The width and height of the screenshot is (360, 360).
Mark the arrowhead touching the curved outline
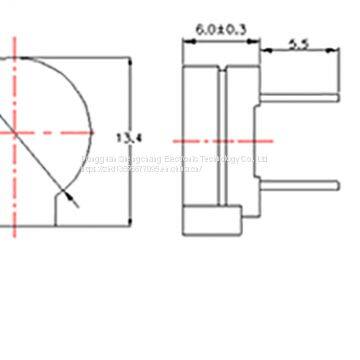[x=66, y=192]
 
